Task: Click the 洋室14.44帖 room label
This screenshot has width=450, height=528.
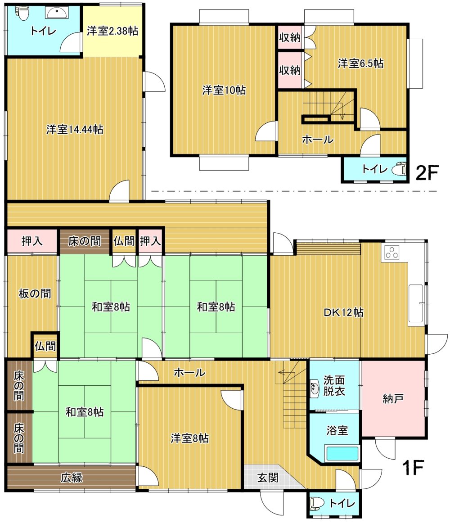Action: [x=75, y=129]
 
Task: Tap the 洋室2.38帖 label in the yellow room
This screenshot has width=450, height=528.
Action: [x=112, y=31]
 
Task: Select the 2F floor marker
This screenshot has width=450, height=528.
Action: [x=427, y=173]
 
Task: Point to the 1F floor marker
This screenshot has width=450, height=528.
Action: [x=413, y=467]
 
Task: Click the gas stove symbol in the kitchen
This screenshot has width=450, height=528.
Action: [x=392, y=253]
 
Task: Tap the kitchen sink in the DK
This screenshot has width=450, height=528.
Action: [x=416, y=305]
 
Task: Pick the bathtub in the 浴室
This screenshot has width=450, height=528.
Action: [x=342, y=453]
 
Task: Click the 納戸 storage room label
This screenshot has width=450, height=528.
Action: [x=393, y=399]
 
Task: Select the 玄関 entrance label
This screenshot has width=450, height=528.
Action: [x=268, y=477]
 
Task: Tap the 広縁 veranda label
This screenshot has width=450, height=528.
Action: [x=72, y=477]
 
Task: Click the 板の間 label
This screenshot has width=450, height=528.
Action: [x=35, y=293]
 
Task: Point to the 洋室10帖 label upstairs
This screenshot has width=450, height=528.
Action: [x=224, y=90]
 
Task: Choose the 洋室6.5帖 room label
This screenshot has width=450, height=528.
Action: [x=360, y=63]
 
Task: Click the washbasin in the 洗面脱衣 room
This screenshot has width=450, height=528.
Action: [x=315, y=388]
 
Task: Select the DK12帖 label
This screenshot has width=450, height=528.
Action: [x=343, y=312]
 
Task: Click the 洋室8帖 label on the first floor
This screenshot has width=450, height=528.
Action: [x=189, y=438]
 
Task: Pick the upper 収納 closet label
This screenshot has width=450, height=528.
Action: [x=289, y=37]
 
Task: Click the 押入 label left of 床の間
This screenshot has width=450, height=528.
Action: [x=32, y=241]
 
